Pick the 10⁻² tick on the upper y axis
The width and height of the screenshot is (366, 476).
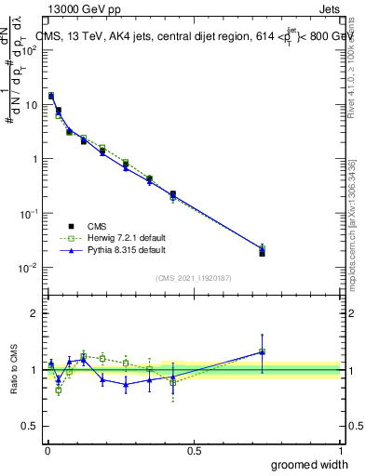pyautogui.click(x=30, y=268)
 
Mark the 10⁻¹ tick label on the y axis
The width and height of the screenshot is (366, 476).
pyautogui.click(x=30, y=214)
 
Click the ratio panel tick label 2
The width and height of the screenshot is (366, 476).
pyautogui.click(x=35, y=313)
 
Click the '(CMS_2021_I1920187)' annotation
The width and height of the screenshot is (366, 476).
pyautogui.click(x=195, y=276)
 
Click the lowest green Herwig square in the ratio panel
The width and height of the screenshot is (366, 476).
pyautogui.click(x=59, y=390)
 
